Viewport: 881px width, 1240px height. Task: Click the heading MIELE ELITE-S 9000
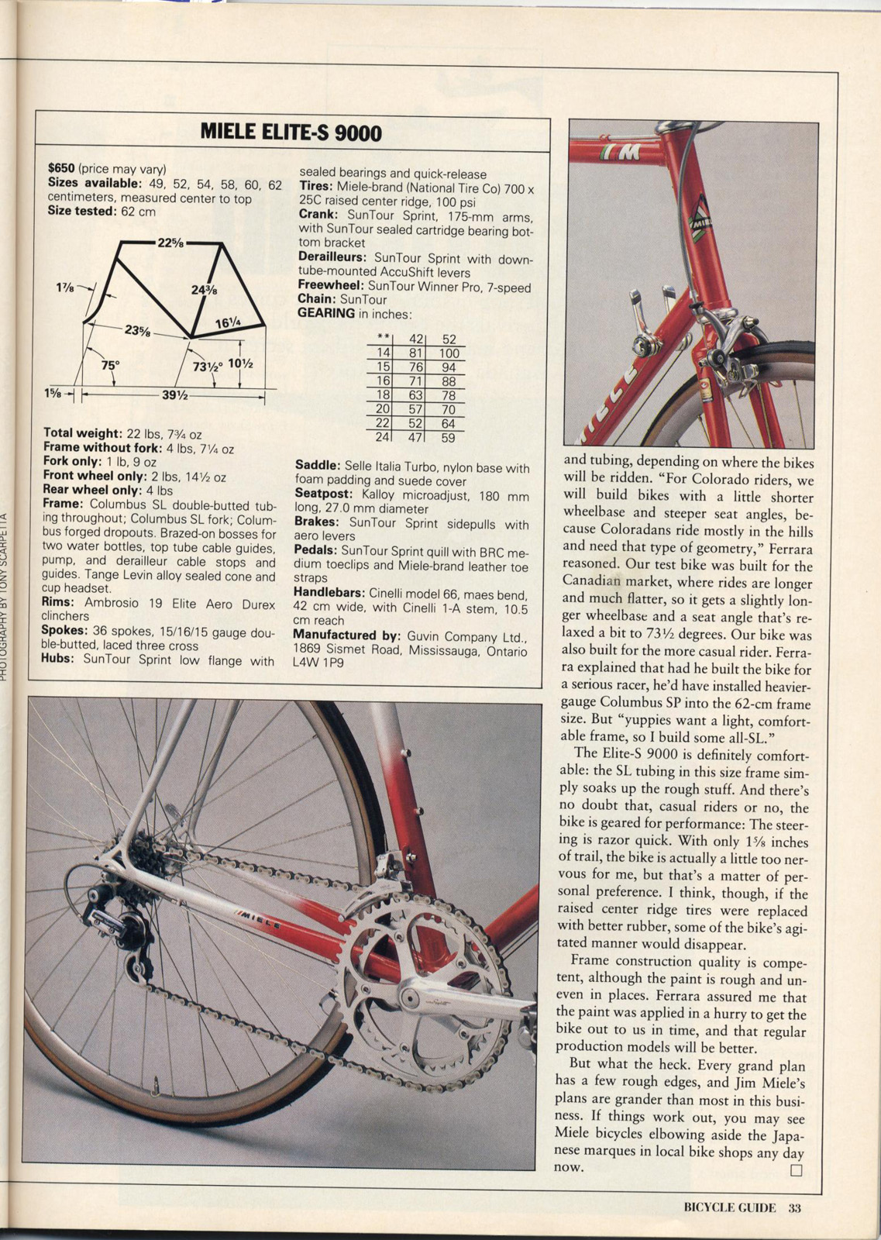[x=291, y=133]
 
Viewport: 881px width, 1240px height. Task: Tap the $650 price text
[x=61, y=168]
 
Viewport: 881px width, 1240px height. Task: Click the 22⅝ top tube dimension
[x=170, y=243]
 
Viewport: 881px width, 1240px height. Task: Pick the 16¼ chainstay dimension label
[x=226, y=323]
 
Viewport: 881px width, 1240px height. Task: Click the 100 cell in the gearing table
[x=449, y=353]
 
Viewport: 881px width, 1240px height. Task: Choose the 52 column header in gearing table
[x=449, y=339]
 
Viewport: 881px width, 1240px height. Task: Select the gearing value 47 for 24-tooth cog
[x=416, y=437]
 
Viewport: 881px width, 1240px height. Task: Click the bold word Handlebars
[x=329, y=593]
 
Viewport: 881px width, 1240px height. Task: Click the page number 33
[x=795, y=1207]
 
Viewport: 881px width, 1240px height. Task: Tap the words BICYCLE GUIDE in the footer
[x=729, y=1207]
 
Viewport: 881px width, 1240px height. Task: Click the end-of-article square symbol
[x=796, y=1170]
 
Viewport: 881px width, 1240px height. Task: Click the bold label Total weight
[x=83, y=433]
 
